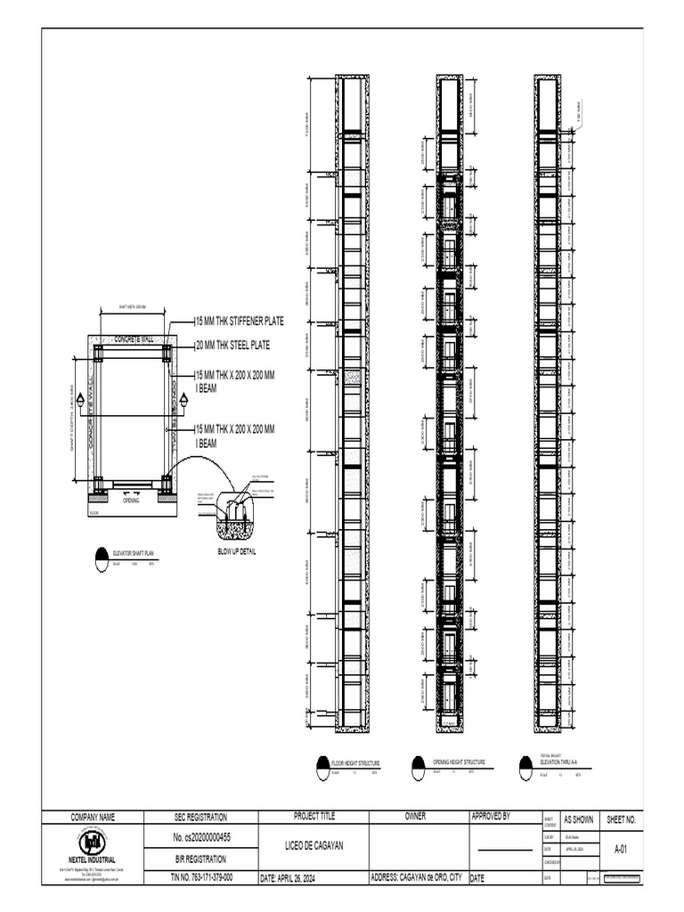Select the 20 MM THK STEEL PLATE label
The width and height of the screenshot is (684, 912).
(233, 345)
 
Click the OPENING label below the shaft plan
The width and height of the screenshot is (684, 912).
(131, 501)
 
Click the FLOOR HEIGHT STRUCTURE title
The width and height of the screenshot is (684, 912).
(355, 763)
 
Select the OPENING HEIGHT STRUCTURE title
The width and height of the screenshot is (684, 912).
(459, 762)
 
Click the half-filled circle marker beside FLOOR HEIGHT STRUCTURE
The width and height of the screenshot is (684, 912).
(322, 767)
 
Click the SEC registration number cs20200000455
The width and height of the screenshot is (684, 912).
(201, 838)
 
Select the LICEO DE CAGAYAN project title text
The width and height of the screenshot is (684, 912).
(313, 845)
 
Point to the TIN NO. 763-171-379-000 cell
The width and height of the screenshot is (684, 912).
(201, 877)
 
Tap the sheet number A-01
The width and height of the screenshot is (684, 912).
(620, 850)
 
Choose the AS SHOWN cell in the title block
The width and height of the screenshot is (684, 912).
(579, 819)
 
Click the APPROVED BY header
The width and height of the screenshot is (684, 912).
(490, 816)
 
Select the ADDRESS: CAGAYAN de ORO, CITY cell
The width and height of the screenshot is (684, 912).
(417, 877)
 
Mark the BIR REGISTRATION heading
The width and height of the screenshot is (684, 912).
(201, 859)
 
